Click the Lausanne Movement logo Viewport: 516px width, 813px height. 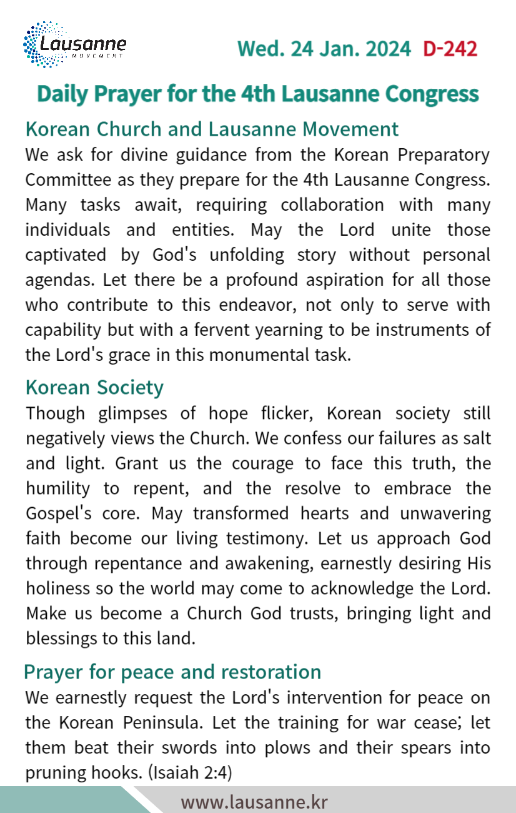click(x=74, y=45)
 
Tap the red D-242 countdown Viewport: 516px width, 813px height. click(x=450, y=49)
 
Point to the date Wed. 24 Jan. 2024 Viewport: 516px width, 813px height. click(x=324, y=49)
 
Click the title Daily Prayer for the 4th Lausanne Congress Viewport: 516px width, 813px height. click(x=258, y=94)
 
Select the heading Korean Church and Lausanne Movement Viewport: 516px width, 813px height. click(x=211, y=129)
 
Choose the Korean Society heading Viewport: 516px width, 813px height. click(x=94, y=387)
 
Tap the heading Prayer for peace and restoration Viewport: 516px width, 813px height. click(x=172, y=672)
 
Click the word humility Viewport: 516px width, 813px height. click(x=57, y=488)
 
